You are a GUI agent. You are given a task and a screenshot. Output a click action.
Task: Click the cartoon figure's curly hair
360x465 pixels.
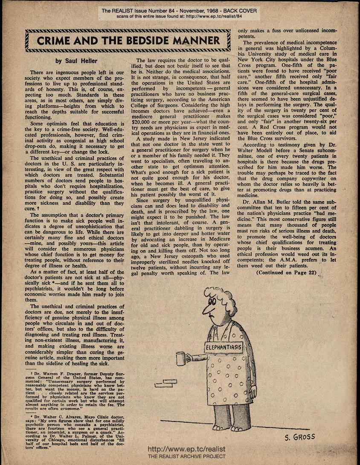point(218,294)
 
